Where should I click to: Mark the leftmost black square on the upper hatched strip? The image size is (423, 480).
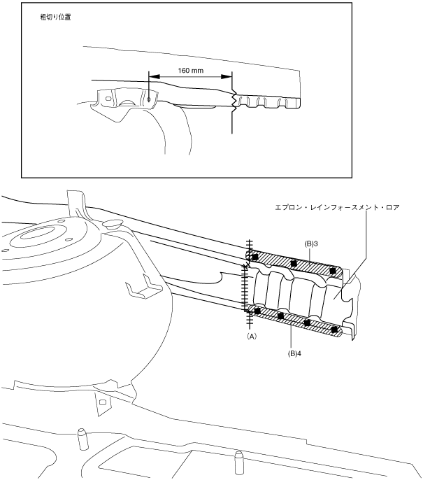pyautogui.click(x=255, y=257)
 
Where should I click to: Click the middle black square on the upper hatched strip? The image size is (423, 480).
pyautogui.click(x=294, y=264)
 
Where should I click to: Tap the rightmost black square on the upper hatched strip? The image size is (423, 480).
pyautogui.click(x=332, y=271)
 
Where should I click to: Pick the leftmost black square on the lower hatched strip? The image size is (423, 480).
pyautogui.click(x=258, y=310)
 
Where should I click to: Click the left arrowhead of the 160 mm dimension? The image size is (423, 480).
pyautogui.click(x=152, y=77)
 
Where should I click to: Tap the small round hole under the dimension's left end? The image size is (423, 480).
pyautogui.click(x=150, y=99)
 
